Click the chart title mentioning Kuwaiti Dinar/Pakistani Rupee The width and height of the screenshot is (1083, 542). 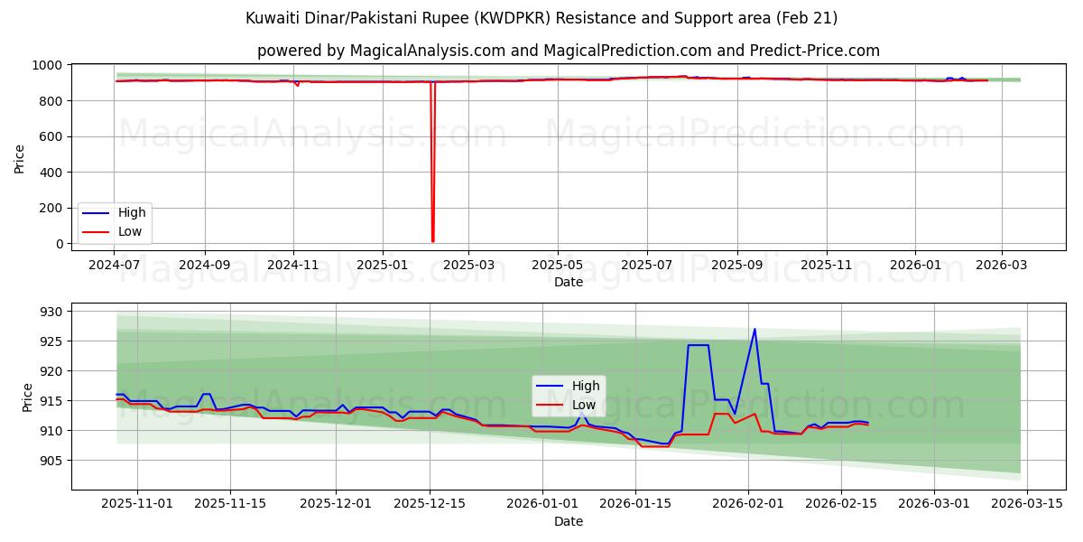[x=541, y=18]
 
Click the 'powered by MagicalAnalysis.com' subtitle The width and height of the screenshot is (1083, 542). [x=569, y=51]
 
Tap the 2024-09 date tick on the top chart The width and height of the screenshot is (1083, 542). [x=204, y=266]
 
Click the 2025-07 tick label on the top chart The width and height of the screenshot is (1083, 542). [x=646, y=266]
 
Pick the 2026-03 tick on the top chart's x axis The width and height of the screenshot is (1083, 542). [x=1002, y=266]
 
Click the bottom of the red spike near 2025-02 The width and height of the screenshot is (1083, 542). [x=433, y=240]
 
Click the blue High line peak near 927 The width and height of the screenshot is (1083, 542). [x=754, y=329]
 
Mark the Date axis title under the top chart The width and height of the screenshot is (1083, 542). [x=569, y=282]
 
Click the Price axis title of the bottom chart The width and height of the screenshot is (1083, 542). [x=27, y=397]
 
